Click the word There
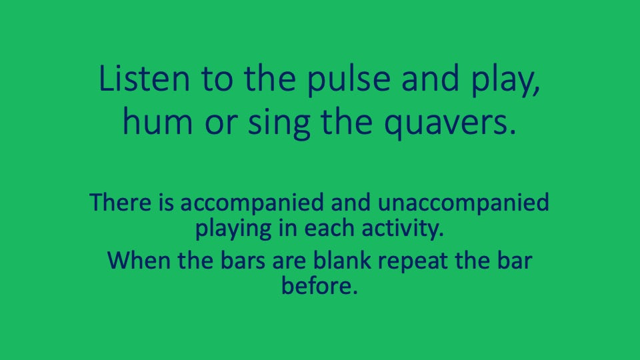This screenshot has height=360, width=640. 123,201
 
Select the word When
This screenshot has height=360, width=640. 137,259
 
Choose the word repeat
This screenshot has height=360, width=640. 419,261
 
